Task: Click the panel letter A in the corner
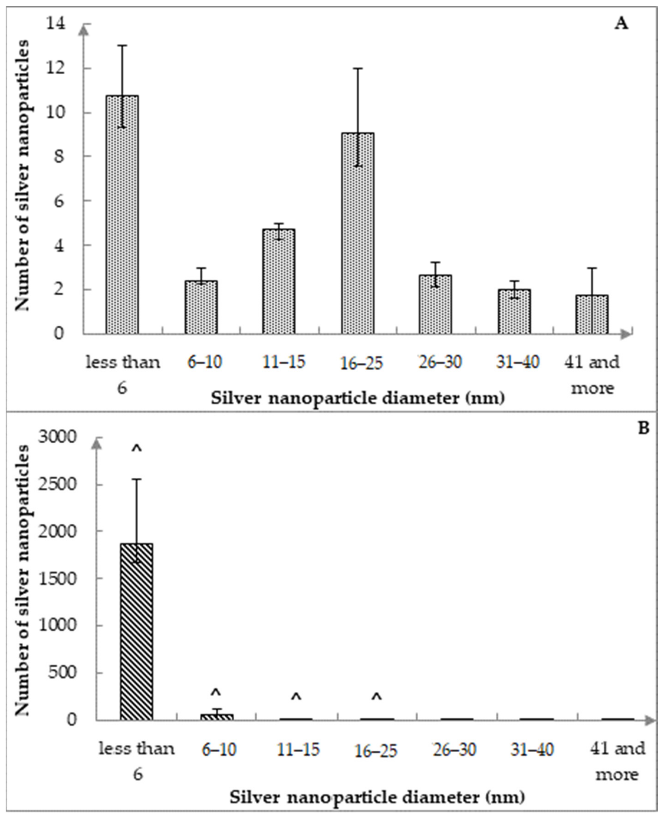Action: click(621, 24)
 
